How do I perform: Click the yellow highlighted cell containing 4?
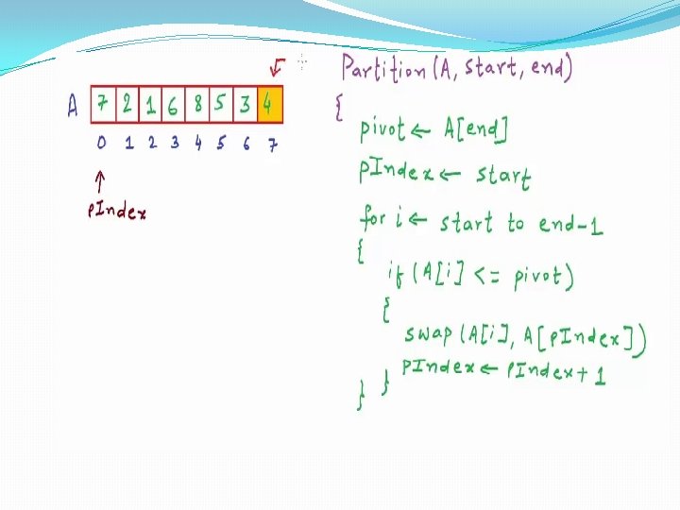(x=269, y=105)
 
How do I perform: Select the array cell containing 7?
(x=102, y=105)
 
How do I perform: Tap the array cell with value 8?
(x=197, y=105)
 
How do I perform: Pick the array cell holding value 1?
(x=150, y=105)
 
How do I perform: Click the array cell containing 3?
(x=245, y=105)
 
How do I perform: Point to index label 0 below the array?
(x=101, y=144)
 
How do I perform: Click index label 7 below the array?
(x=271, y=145)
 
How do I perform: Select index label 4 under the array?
(x=198, y=144)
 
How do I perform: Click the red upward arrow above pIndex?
(x=100, y=181)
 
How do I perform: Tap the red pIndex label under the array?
(x=116, y=212)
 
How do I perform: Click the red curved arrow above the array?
(x=277, y=68)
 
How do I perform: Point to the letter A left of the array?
(x=73, y=105)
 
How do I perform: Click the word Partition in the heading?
(x=383, y=69)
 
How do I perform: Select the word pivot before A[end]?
(x=382, y=130)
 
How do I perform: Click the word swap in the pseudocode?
(x=428, y=334)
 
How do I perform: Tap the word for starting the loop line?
(x=373, y=219)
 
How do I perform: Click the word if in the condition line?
(x=395, y=275)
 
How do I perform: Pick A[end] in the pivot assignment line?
(x=475, y=129)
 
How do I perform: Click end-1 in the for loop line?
(x=570, y=224)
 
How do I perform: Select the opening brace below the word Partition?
(x=338, y=106)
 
